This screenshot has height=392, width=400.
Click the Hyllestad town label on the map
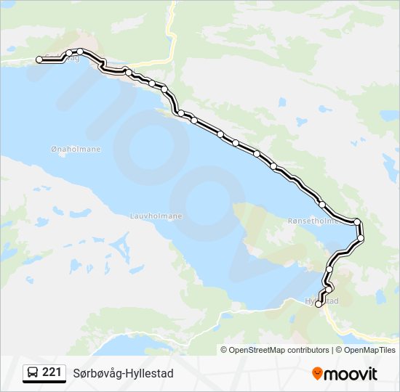point(321,301)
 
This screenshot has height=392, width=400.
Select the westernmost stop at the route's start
point(39,60)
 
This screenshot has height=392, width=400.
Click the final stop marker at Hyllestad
point(319,305)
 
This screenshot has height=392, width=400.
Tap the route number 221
point(52,372)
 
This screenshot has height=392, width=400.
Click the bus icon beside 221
point(33,373)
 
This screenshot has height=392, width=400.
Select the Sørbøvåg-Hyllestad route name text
point(123,373)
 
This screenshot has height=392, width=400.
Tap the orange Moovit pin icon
point(318,373)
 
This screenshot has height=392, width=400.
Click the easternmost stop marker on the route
point(361,237)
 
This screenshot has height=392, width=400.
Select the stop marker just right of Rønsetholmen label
point(356,221)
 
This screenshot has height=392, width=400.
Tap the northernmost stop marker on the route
point(81,51)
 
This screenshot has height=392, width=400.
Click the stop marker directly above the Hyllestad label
point(328,290)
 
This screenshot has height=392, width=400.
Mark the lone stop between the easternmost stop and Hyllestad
point(329,269)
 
